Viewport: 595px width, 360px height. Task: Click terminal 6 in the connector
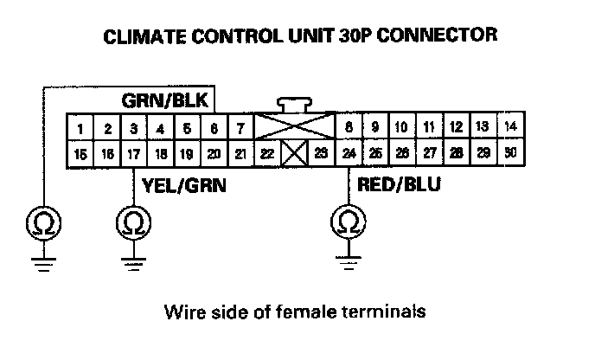click(213, 129)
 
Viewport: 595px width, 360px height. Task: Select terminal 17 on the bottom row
click(133, 154)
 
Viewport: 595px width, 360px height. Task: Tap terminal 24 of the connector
click(348, 154)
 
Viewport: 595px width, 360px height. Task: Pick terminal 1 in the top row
click(80, 129)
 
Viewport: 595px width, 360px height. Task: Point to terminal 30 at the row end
click(510, 153)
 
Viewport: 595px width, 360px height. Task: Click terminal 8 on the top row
click(348, 128)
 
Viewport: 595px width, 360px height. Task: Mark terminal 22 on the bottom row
click(267, 154)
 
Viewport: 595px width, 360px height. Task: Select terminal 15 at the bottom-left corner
click(80, 154)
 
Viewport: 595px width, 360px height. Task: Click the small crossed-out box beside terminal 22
click(294, 155)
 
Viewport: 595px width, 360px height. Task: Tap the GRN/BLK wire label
click(164, 100)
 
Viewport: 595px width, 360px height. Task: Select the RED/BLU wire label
click(387, 183)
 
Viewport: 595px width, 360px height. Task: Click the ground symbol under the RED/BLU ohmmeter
click(347, 260)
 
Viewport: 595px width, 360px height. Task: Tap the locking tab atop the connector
click(295, 105)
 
